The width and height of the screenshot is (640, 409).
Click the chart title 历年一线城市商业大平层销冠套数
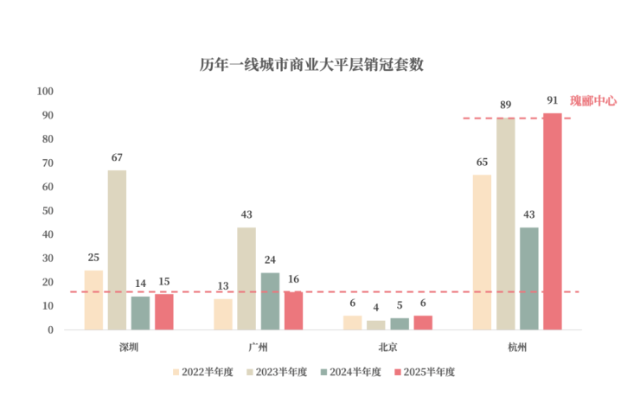(312, 65)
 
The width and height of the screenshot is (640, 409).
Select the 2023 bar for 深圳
(117, 250)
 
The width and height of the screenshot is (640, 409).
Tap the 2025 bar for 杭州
(552, 221)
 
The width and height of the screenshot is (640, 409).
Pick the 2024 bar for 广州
(270, 301)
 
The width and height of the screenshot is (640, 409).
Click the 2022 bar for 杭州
(482, 252)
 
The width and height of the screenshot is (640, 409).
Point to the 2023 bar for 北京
(375, 325)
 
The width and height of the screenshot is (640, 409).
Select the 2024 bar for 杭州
(528, 278)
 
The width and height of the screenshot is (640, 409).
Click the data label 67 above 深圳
(117, 157)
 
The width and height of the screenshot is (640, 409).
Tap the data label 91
(552, 100)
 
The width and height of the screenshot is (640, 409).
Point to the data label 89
(505, 105)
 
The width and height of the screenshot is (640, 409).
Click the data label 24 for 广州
(270, 259)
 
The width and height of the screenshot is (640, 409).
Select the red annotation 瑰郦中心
(593, 100)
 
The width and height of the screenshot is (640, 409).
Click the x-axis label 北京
(387, 347)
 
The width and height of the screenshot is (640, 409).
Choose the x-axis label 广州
(258, 347)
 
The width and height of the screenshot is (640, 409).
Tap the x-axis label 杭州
(517, 347)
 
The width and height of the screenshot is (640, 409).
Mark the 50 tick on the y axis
(48, 211)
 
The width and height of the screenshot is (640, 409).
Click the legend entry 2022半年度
(203, 372)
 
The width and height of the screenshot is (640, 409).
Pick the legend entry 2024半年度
(350, 372)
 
